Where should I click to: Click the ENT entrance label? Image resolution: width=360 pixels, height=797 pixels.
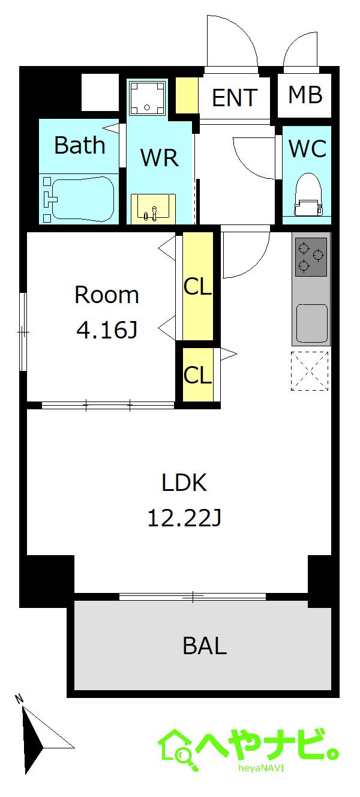[x=235, y=97]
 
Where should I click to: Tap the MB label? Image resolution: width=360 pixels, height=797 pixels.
[x=305, y=95]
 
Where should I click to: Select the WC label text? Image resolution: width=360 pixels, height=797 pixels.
[x=307, y=148]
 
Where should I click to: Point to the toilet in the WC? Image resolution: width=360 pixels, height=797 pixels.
[x=308, y=194]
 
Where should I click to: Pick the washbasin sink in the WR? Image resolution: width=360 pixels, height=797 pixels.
[x=154, y=209]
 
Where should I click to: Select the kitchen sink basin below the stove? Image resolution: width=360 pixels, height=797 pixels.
[x=311, y=322]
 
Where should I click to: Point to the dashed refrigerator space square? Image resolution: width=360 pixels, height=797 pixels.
[x=310, y=371]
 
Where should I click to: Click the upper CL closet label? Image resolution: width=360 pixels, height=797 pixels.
[x=197, y=286]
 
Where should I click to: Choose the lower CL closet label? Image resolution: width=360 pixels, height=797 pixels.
[x=197, y=374]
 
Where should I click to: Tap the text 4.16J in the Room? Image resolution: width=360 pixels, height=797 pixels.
[x=107, y=330]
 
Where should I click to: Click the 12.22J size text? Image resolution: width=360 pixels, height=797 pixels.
[x=184, y=518]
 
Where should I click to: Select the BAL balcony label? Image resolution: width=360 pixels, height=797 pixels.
[x=205, y=646]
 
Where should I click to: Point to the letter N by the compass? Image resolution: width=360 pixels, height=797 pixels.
[x=19, y=699]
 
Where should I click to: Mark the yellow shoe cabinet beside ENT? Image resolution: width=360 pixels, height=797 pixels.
[x=187, y=95]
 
